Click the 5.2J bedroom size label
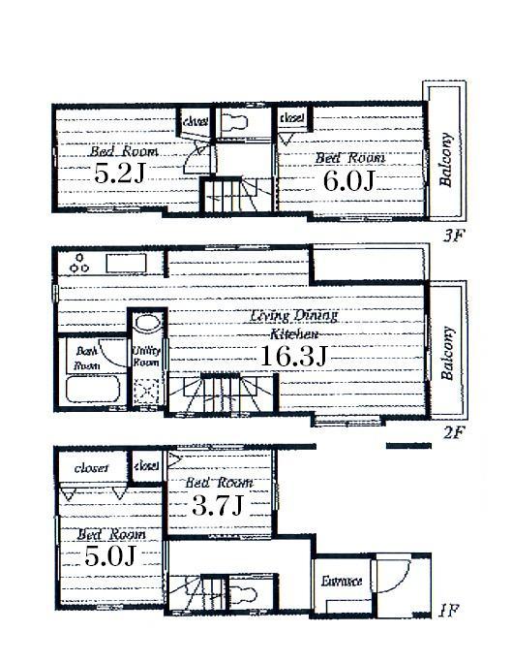click(x=120, y=175)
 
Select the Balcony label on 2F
click(x=447, y=353)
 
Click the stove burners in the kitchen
click(x=77, y=263)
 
